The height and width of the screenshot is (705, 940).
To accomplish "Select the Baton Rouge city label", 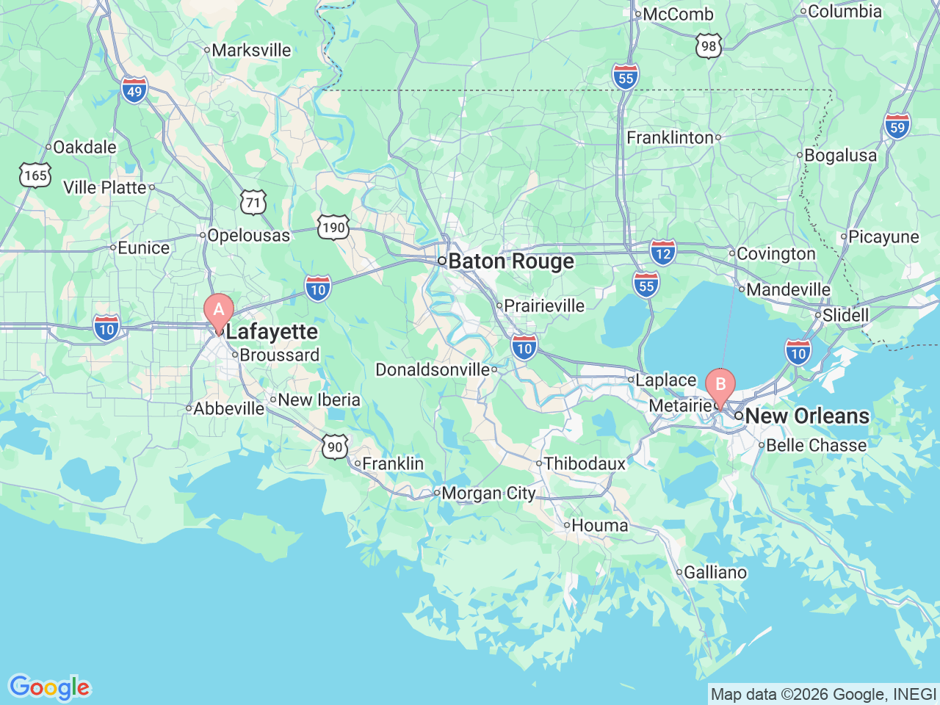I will click(510, 261).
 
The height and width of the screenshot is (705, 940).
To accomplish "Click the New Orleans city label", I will click(806, 416).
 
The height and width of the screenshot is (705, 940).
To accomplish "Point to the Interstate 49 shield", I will click(134, 91).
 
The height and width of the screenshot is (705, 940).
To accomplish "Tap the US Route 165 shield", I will click(35, 176).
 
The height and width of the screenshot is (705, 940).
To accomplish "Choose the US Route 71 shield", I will click(253, 203).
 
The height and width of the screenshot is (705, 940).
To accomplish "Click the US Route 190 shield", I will click(333, 227).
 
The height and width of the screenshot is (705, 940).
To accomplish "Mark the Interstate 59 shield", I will click(897, 126).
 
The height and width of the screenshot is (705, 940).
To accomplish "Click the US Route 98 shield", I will click(708, 46).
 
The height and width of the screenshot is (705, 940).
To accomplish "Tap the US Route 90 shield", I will click(335, 446).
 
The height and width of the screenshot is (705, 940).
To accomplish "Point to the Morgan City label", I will click(488, 493).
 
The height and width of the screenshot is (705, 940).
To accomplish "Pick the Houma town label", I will click(599, 526).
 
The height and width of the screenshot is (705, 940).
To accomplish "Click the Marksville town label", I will click(251, 51).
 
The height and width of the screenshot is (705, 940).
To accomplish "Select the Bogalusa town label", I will click(840, 156).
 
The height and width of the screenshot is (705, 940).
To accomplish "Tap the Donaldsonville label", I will click(433, 369).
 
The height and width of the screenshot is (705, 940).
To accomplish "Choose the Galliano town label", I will click(715, 572).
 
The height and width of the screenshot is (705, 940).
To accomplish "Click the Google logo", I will click(49, 688).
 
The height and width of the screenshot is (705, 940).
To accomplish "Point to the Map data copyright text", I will click(823, 694).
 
